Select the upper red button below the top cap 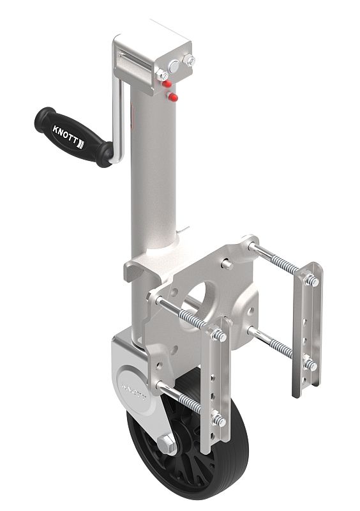pyautogui.click(x=166, y=84)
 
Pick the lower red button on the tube pyautogui.click(x=173, y=96)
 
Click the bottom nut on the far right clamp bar pyautogui.click(x=310, y=365)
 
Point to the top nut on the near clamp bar pyautogui.click(x=221, y=335)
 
